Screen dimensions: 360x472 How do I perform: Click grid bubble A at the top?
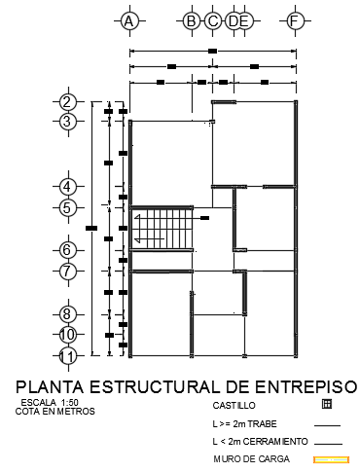[127, 20]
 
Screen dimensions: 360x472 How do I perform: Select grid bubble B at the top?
[191, 20]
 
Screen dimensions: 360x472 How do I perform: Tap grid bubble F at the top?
[294, 20]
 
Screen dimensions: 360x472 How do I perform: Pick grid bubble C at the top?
[212, 20]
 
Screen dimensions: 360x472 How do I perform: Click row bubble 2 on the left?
[67, 102]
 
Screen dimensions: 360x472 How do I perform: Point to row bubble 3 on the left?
[67, 122]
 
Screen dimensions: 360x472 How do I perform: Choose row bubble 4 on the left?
[67, 186]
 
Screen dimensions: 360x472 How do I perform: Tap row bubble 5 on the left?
[67, 207]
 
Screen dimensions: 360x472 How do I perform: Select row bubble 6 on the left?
[67, 250]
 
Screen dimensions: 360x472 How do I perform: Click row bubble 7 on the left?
[67, 272]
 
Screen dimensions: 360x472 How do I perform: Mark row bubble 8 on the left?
[67, 313]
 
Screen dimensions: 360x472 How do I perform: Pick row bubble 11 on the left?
[67, 356]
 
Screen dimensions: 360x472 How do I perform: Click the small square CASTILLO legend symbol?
[327, 403]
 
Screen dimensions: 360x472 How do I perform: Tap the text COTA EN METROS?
[55, 412]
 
